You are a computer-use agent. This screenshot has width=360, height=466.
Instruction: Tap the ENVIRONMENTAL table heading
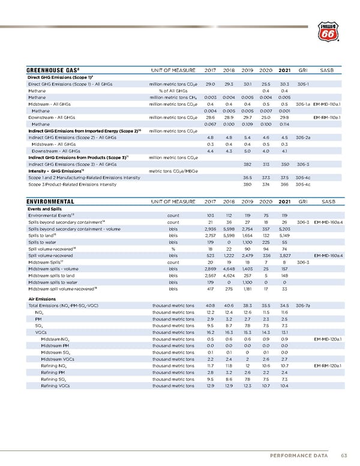pos(51,202)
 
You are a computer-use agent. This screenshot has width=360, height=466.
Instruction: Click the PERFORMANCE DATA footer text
pos(296,453)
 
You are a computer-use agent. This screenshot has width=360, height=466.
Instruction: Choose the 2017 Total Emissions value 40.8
pos(211,306)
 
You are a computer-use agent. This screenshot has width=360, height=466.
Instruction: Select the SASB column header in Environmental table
pos(329,202)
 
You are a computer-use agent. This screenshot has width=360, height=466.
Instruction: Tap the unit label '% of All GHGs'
pos(170,91)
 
